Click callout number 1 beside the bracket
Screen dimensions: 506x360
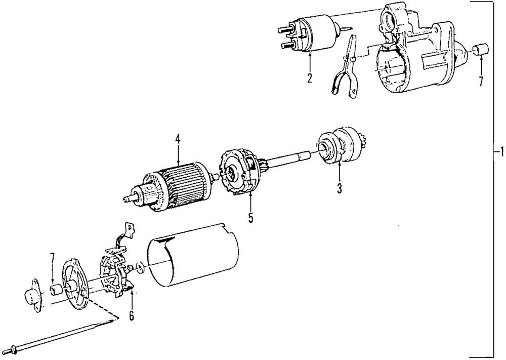500,152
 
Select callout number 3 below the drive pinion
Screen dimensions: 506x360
340,189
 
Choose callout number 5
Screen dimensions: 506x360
250,218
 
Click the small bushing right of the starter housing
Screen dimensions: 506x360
480,51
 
